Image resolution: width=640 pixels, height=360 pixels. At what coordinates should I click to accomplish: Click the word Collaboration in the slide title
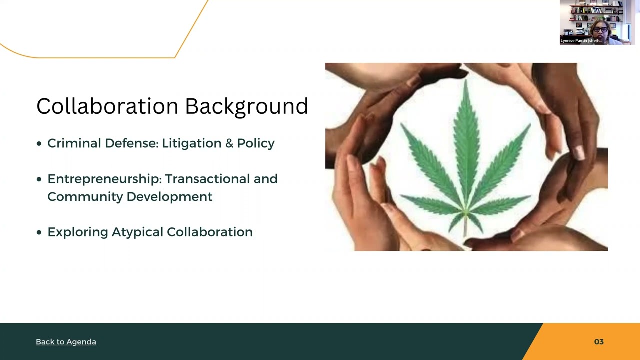107,106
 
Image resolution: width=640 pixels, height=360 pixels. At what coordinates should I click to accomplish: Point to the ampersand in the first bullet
229,143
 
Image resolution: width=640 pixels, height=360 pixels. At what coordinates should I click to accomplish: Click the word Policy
256,144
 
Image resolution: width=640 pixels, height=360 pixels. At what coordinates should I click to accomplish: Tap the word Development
169,197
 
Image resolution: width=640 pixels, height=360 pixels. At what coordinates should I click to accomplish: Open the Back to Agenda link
66,342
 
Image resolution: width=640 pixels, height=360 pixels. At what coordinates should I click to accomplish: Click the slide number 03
599,342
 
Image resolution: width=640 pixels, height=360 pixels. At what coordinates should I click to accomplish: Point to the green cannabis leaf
466,160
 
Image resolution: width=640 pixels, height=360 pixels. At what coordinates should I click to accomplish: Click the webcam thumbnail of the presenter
597,22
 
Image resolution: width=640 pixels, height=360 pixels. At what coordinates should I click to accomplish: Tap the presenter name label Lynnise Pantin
581,41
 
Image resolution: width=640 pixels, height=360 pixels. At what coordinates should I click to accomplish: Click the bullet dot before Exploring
39,232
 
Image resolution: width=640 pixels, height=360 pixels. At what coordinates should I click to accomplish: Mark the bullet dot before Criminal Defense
39,144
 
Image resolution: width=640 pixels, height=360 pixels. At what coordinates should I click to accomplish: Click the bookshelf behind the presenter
580,12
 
